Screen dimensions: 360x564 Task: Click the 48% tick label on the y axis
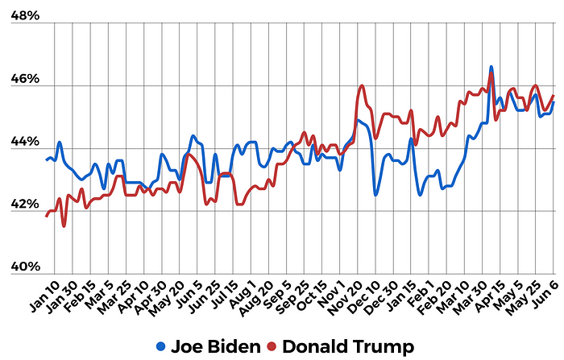(x=24, y=16)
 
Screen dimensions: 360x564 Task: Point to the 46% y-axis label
(x=24, y=79)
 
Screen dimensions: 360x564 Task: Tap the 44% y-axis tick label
(x=24, y=142)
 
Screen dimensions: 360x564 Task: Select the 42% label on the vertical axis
(x=24, y=205)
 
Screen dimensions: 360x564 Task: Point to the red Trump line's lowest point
(x=64, y=226)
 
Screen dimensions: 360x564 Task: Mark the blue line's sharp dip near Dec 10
(x=375, y=194)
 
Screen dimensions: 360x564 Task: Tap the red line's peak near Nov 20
(x=362, y=85)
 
